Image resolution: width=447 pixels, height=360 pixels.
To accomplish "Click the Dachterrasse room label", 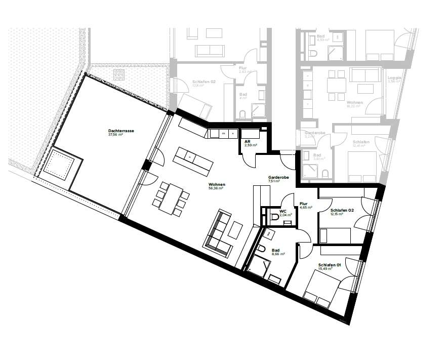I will point(120,133).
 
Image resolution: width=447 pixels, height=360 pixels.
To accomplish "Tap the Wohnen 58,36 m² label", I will point(216,186).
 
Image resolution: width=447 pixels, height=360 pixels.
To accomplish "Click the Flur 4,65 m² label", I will point(305,205).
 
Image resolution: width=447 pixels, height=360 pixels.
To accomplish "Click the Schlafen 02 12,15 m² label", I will point(342,212).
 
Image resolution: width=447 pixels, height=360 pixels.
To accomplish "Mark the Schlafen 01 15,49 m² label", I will point(330,267).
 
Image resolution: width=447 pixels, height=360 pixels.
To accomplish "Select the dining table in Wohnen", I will point(169,198).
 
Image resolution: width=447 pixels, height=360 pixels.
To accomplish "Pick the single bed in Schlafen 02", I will point(335,235).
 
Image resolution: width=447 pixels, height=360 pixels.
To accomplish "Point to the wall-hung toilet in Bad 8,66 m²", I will point(261,249).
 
